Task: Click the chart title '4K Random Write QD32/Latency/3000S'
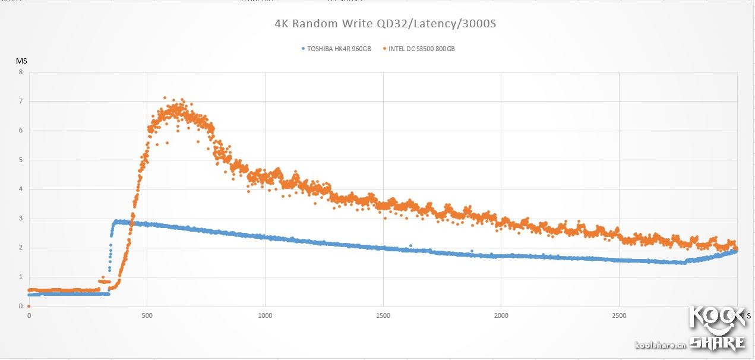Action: click(385, 24)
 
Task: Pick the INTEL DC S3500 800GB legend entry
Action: click(421, 49)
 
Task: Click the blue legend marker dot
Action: click(303, 49)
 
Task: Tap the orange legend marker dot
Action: click(385, 49)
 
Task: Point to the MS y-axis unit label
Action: click(21, 61)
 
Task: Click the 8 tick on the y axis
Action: click(21, 72)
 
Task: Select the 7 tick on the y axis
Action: click(21, 102)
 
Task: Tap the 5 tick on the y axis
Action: click(21, 160)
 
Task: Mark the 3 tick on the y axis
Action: click(21, 219)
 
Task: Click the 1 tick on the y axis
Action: click(21, 277)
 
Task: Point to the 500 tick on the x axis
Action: click(147, 315)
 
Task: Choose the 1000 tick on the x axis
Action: click(265, 315)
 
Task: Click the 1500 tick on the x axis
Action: click(383, 315)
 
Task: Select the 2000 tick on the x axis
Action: click(501, 315)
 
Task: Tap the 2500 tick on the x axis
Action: click(619, 315)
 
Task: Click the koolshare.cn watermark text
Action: click(661, 345)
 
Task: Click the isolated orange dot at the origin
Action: click(29, 306)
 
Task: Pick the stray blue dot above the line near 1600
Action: click(410, 245)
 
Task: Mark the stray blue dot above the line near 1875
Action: click(472, 251)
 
